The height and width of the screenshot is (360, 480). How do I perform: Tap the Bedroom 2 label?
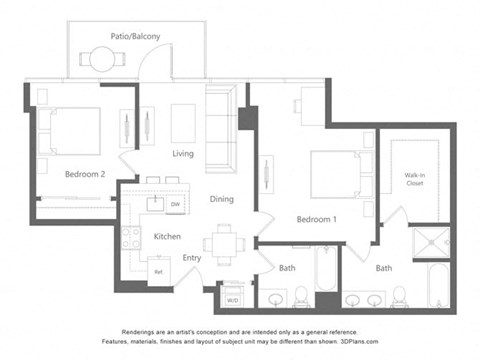[85, 173]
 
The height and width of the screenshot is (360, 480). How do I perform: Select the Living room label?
[182, 154]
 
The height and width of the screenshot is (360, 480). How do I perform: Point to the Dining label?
[221, 199]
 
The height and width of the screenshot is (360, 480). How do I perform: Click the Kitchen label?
[166, 236]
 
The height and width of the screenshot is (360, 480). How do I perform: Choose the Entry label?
[192, 258]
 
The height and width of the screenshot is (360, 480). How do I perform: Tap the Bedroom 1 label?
[316, 219]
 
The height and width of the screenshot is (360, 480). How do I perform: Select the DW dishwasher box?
[174, 205]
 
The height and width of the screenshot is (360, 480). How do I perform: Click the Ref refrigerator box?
[157, 271]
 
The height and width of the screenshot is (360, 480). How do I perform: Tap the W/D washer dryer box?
[232, 299]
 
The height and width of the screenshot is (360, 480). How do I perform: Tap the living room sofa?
[220, 128]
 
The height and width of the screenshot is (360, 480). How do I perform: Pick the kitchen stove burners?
[131, 238]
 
